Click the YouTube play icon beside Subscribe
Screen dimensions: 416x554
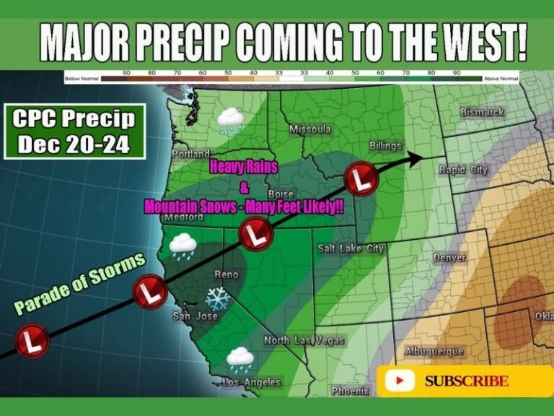click(400, 381)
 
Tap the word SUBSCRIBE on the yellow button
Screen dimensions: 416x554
click(466, 381)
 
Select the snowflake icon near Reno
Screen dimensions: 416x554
click(217, 298)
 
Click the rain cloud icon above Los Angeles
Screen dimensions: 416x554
click(239, 357)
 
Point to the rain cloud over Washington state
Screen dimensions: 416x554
click(231, 120)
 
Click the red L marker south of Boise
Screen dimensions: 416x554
click(255, 235)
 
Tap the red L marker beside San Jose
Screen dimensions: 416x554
click(150, 292)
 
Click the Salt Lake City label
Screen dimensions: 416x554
click(351, 248)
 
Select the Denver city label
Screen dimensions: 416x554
click(449, 258)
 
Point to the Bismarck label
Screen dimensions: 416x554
click(482, 113)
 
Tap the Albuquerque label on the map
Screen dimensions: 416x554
click(433, 351)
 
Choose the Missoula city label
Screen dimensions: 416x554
click(309, 129)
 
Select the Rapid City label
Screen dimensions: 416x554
click(463, 170)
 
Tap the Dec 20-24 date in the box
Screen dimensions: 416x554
click(74, 144)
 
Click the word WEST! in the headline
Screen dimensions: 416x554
click(480, 44)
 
